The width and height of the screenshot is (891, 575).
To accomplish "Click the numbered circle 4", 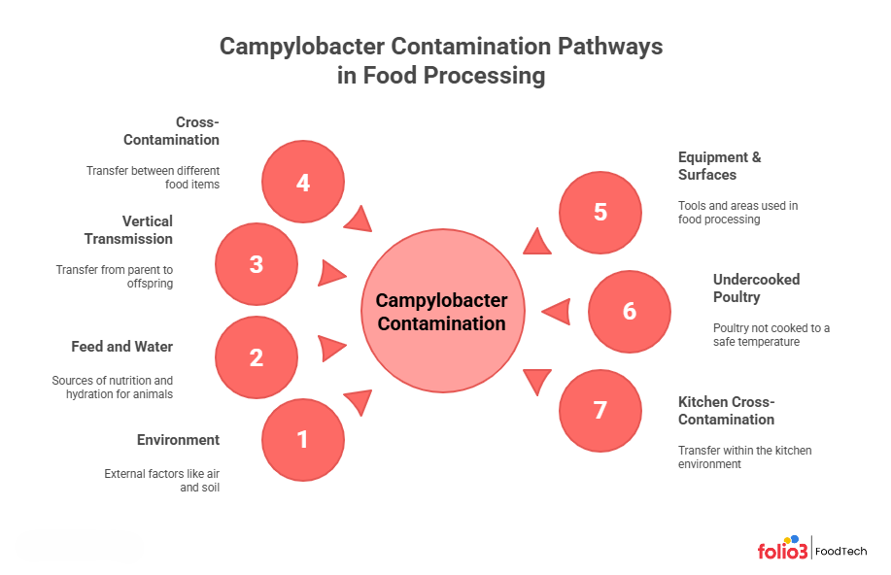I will pyautogui.click(x=303, y=181).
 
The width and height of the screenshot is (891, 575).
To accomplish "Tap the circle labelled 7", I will pyautogui.click(x=600, y=410).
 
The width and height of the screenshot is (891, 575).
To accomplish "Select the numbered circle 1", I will pyautogui.click(x=302, y=439).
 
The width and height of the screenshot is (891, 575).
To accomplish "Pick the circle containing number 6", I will pyautogui.click(x=630, y=311).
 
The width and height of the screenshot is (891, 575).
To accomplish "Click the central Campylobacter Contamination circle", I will pyautogui.click(x=442, y=311).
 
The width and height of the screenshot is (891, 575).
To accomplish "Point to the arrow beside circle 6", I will pyautogui.click(x=556, y=312).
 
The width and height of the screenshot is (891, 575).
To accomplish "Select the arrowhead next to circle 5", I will pyautogui.click(x=537, y=240).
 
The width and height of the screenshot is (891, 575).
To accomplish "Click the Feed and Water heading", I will pyautogui.click(x=121, y=347).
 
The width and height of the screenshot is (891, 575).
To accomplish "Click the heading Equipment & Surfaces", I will pyautogui.click(x=719, y=166).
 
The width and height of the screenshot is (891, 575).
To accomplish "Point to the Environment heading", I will pyautogui.click(x=178, y=440).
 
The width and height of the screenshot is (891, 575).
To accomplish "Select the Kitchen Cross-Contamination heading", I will pyautogui.click(x=726, y=411).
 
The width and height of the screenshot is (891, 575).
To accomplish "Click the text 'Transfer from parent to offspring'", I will pyautogui.click(x=115, y=276).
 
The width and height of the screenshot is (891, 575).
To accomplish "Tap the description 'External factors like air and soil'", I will pyautogui.click(x=161, y=481).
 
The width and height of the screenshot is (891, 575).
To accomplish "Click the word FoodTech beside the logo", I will pyautogui.click(x=840, y=550).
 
